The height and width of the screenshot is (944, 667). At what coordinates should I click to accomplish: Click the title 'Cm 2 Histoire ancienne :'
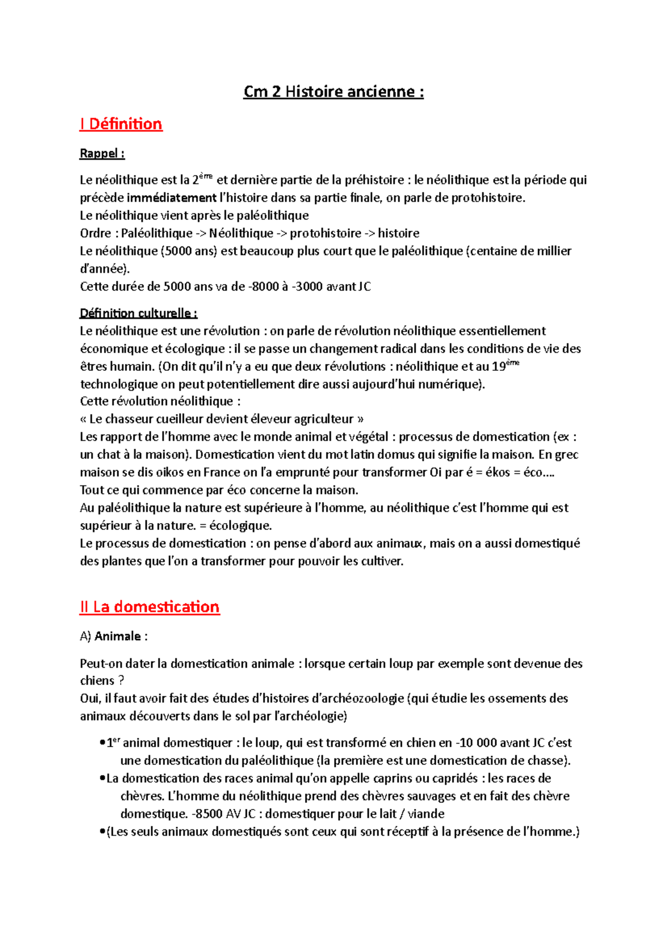click(333, 92)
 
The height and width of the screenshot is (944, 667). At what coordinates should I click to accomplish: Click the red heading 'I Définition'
click(121, 124)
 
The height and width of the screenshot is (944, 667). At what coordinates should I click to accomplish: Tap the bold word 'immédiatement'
click(171, 198)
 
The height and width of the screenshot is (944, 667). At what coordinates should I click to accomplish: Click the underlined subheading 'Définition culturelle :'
click(138, 314)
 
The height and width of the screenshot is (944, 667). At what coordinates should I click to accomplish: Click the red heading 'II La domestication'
click(150, 607)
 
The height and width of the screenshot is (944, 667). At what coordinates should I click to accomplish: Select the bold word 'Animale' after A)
click(117, 637)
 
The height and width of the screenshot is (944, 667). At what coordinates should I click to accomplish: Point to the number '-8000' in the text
click(263, 287)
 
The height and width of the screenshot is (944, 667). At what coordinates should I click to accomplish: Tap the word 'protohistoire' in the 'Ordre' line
click(325, 233)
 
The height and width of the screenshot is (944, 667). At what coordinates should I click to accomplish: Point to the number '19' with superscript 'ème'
click(499, 367)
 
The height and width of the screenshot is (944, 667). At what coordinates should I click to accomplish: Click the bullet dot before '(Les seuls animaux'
click(102, 832)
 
